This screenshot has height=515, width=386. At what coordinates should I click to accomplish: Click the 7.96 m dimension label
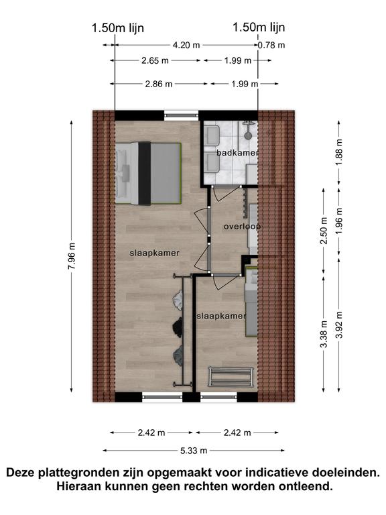72,256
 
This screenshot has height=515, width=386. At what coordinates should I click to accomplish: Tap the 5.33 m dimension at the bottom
194,451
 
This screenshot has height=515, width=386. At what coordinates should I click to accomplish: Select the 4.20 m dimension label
186,45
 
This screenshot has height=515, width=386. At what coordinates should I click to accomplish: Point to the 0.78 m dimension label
271,45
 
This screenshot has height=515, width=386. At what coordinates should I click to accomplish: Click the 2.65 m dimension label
155,60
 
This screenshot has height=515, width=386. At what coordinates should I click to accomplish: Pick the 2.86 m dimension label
159,84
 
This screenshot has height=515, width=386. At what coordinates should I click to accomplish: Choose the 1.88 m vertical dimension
339,152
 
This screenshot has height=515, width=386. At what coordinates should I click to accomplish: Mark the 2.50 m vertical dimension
324,231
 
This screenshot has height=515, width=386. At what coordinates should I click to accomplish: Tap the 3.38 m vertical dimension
324,334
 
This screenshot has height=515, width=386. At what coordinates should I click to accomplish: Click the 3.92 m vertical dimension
339,325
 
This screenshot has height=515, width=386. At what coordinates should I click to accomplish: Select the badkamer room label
237,153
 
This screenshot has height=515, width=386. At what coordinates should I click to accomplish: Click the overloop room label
242,227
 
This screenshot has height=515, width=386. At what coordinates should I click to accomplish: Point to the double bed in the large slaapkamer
148,173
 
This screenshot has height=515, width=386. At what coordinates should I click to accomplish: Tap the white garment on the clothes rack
178,300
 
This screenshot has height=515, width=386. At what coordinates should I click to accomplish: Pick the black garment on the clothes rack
178,327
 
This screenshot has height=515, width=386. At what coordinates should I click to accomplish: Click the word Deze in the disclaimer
20,473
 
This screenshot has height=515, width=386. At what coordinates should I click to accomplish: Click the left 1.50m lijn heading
117,28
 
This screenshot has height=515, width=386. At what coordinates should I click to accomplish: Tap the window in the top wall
182,115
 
